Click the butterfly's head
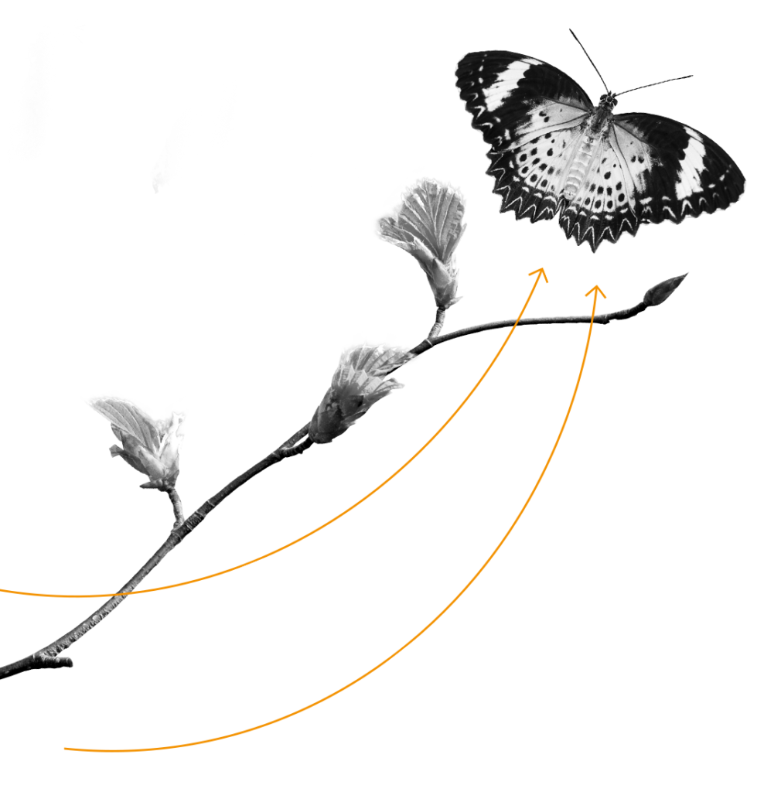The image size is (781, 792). [x=609, y=99]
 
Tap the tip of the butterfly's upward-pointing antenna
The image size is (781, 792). [x=571, y=31]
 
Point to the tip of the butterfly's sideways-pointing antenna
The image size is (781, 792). [x=691, y=77]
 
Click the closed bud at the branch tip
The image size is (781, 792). [x=666, y=289]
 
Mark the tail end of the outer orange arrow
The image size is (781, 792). [x=66, y=748]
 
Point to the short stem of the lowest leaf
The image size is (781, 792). [x=177, y=507]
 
